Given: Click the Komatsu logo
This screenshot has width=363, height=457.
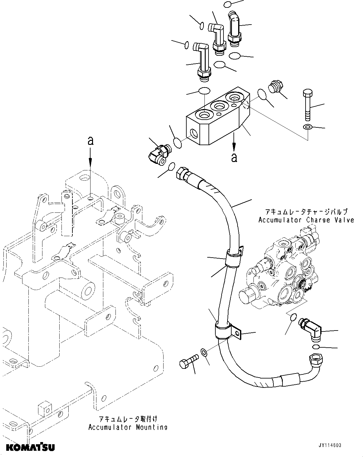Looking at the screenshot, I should [x=30, y=447].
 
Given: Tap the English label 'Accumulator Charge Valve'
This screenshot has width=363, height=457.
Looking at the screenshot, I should [x=306, y=220].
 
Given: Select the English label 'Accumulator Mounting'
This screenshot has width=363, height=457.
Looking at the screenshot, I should [x=128, y=427].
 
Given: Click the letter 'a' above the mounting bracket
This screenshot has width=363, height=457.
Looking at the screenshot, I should [x=90, y=142].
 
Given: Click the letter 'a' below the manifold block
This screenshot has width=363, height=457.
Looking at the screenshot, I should [x=234, y=158].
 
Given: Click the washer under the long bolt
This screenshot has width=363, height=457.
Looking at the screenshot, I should [x=307, y=127].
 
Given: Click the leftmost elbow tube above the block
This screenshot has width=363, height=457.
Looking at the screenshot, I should [x=201, y=61].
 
